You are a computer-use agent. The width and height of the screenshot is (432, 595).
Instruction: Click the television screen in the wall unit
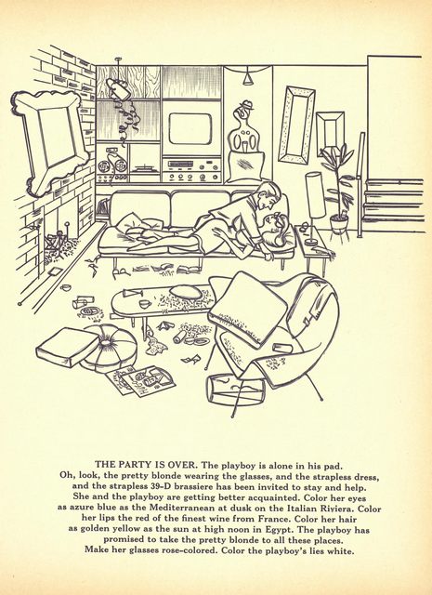point(190,128)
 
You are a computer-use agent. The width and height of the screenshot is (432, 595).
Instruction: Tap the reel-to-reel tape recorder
point(111,165)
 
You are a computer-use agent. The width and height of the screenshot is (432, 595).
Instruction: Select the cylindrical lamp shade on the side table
point(316,194)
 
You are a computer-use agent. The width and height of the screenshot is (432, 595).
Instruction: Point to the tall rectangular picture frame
point(296,126)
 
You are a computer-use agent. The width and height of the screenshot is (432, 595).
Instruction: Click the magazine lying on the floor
point(141,380)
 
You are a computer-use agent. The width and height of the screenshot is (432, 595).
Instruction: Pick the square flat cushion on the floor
point(67,347)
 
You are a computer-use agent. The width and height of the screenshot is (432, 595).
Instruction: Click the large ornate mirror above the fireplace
point(51,141)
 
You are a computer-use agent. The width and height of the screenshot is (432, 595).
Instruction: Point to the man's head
point(271,194)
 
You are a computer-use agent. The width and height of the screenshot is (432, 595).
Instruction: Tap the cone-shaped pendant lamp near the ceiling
point(248,77)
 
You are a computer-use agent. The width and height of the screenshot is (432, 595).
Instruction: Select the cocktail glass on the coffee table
point(131,293)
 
